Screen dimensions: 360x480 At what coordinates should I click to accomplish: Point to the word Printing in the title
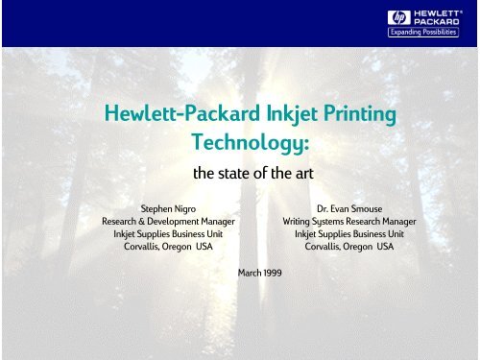pos(354,116)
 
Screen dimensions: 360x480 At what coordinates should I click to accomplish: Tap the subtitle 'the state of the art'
pos(240,175)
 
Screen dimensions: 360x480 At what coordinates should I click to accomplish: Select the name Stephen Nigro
pos(169,206)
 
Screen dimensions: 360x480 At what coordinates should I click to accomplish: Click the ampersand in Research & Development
pos(146,220)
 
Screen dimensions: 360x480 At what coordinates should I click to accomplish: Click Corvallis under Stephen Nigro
pos(145,246)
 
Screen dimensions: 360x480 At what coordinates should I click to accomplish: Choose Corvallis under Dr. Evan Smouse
pos(325,246)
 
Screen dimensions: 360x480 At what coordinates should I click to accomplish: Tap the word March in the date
pos(248,273)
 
